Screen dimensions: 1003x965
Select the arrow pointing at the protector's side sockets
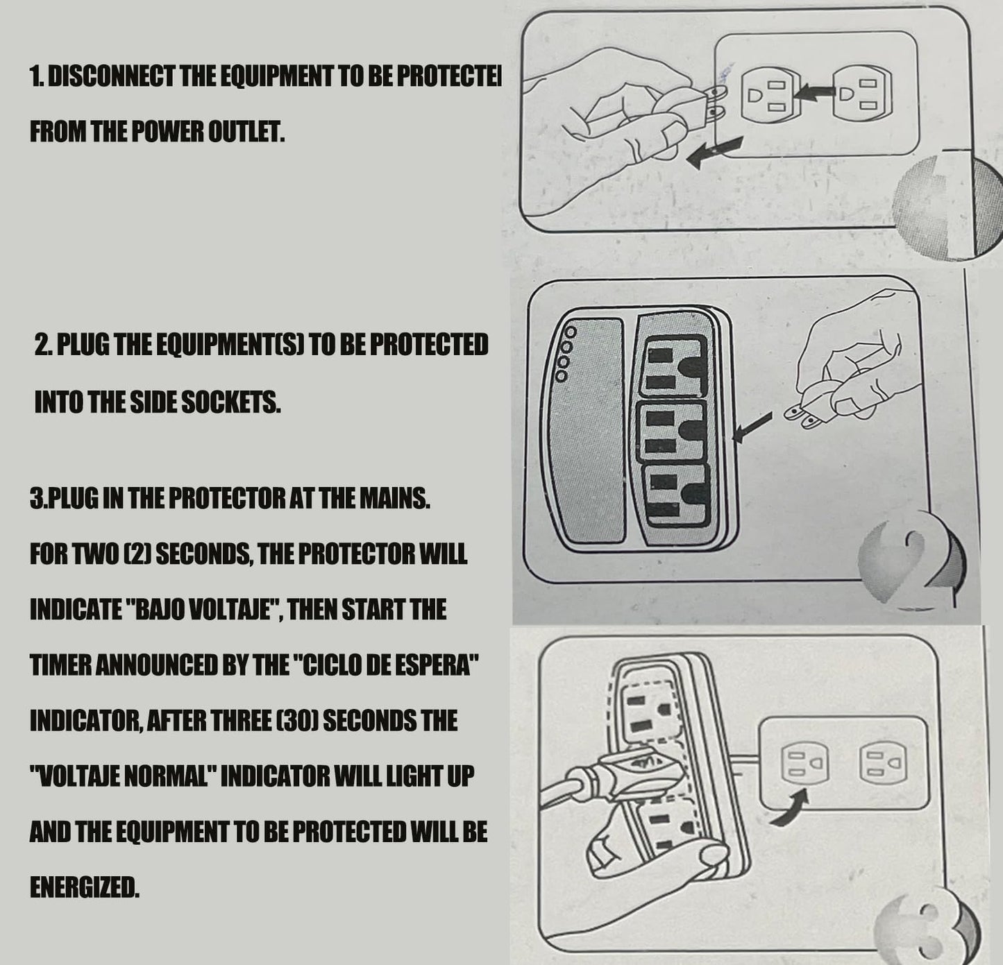(x=752, y=427)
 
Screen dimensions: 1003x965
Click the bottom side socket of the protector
(x=676, y=495)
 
